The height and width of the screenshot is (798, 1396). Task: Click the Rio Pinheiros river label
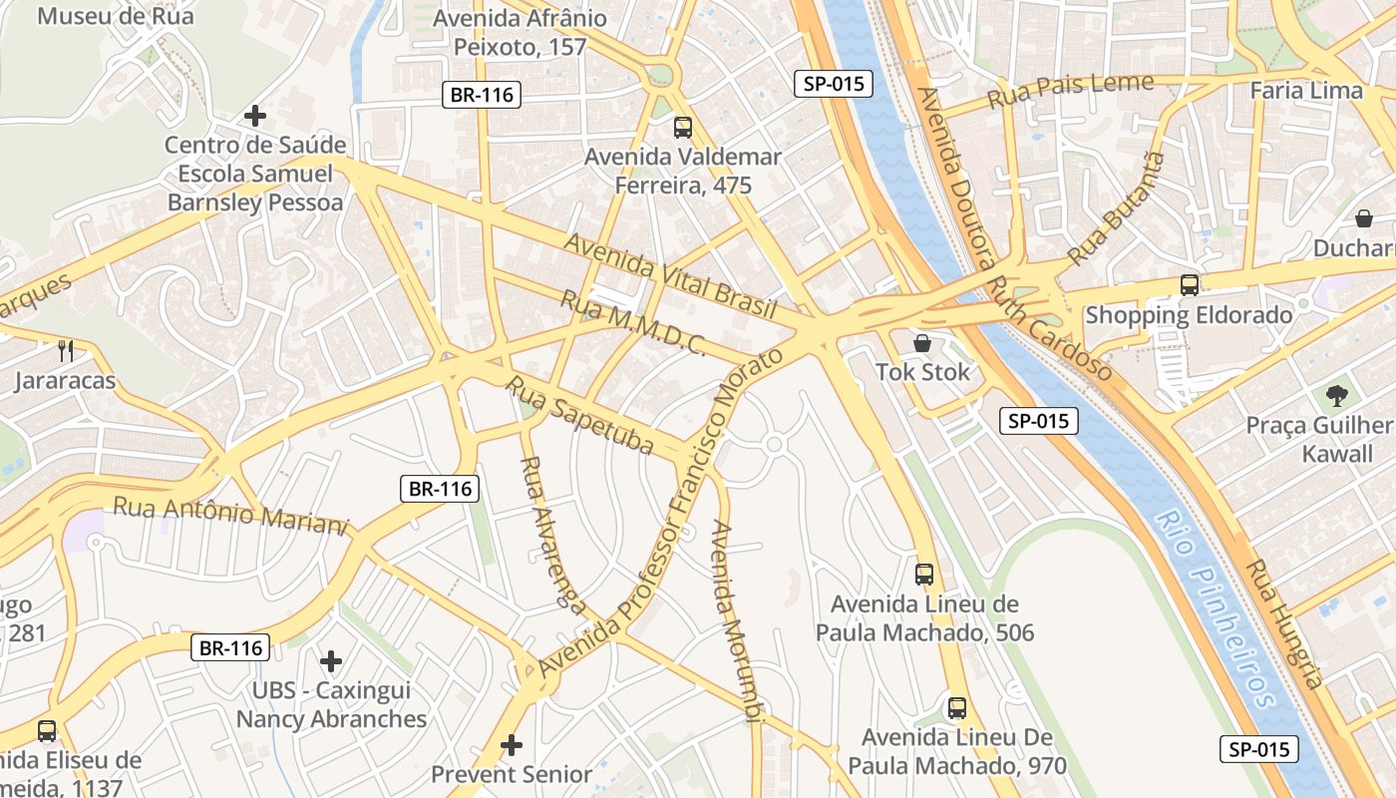1218,608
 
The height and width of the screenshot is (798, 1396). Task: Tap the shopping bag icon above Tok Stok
923,343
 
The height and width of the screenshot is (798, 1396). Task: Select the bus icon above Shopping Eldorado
1190,285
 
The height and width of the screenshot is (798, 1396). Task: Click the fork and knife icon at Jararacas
66,350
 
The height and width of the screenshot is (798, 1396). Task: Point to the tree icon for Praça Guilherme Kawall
1336,396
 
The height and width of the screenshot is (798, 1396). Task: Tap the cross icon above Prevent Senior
512,745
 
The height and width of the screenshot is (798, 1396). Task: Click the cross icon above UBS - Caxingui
331,661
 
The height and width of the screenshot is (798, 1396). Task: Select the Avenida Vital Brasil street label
670,276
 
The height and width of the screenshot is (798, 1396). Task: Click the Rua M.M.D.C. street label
633,323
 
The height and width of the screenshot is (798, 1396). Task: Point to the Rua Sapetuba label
580,415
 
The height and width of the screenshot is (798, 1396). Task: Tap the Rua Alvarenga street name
551,533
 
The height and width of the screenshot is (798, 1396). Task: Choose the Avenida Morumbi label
736,618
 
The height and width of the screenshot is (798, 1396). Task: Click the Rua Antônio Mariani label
230,516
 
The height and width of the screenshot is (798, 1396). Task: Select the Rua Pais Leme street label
1070,92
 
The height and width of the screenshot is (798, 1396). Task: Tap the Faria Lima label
1305,91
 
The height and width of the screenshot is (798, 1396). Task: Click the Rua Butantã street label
1117,208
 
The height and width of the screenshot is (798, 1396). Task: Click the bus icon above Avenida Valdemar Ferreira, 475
683,128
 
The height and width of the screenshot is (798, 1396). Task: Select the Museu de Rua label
116,16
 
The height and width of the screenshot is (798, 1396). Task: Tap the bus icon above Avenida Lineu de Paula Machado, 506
924,575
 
